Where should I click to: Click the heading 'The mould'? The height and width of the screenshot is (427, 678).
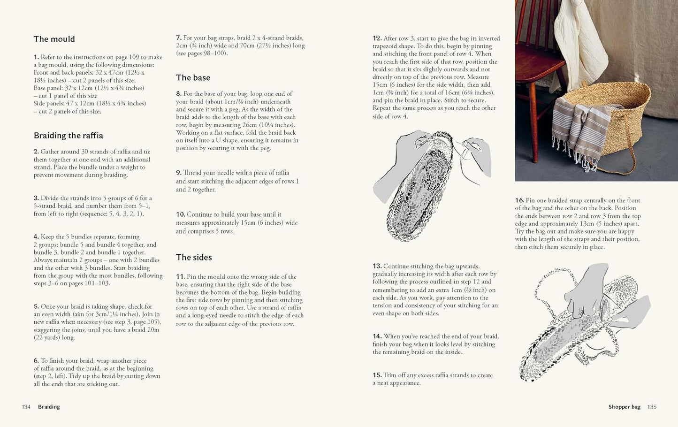tap(54, 39)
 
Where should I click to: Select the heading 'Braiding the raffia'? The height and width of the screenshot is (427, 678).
tap(68, 136)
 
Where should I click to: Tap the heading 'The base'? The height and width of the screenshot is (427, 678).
tap(193, 78)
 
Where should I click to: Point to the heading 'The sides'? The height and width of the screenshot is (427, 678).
tap(194, 257)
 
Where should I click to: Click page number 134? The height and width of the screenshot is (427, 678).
tap(26, 407)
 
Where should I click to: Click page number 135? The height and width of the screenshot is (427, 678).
tap(652, 407)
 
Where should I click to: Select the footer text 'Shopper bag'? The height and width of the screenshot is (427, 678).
tap(624, 407)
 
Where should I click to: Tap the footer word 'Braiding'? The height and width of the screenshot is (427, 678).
tap(49, 407)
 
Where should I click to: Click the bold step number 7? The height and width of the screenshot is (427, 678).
tap(178, 38)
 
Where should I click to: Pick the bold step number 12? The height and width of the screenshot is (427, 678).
tap(377, 38)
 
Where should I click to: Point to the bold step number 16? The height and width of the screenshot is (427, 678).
tap(519, 200)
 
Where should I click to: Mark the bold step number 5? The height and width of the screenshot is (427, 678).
tap(36, 306)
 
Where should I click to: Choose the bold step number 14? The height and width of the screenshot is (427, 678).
tap(377, 336)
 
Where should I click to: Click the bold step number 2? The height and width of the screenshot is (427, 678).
tap(36, 152)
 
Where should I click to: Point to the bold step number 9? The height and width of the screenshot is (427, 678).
tap(178, 173)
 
